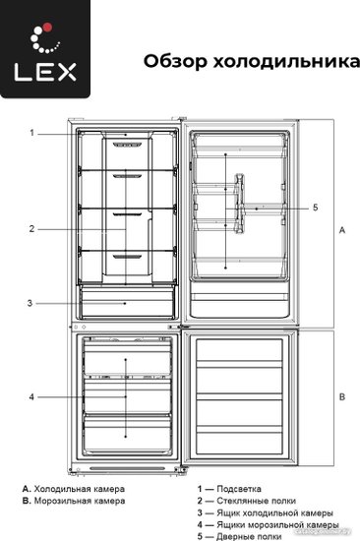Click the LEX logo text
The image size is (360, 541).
[45, 72]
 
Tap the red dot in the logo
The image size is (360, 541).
[48, 28]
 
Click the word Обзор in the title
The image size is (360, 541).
[176, 61]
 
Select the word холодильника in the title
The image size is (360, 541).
[286, 62]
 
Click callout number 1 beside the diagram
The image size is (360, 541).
[32, 133]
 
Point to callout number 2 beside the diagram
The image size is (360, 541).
[31, 229]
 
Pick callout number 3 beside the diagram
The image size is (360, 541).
[30, 303]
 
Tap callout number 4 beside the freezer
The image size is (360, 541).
[31, 397]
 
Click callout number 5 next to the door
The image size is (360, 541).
[315, 208]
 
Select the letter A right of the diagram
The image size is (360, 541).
[342, 230]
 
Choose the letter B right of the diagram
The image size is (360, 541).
[342, 396]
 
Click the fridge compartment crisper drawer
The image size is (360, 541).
[127, 303]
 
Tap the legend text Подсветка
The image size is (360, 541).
[239, 489]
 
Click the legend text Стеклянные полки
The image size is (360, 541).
[256, 501]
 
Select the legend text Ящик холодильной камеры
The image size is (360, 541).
[274, 513]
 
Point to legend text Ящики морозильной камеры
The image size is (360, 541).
[277, 525]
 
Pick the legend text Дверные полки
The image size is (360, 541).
[249, 536]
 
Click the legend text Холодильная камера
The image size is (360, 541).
[80, 489]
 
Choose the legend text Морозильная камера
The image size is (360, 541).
[80, 501]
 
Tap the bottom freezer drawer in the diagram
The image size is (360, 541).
[127, 433]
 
